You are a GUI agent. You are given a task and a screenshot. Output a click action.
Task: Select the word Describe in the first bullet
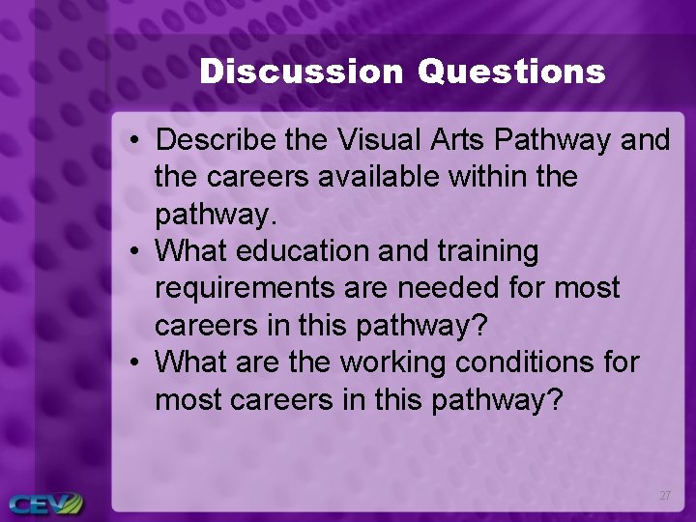(217, 140)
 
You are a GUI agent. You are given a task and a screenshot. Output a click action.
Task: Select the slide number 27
(664, 496)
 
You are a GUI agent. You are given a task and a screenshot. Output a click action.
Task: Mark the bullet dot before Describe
(134, 141)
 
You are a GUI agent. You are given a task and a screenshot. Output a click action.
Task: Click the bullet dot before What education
(134, 252)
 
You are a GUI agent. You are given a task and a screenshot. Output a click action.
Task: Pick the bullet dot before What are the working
(134, 362)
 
